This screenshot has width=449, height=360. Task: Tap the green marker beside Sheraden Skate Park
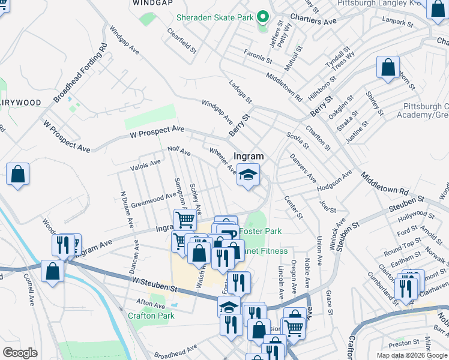pyautogui.click(x=262, y=17)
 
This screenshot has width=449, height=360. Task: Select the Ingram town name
pyautogui.click(x=249, y=156)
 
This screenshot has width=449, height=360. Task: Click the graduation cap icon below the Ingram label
pyautogui.click(x=248, y=175)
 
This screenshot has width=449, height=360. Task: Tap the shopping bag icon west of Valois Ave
pyautogui.click(x=18, y=174)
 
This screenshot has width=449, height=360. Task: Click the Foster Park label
pyautogui.click(x=260, y=231)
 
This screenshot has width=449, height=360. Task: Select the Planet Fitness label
pyautogui.click(x=265, y=251)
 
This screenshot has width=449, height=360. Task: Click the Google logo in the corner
pyautogui.click(x=20, y=353)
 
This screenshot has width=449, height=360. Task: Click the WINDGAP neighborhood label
pyautogui.click(x=148, y=4)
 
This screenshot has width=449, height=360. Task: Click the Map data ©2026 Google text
pyautogui.click(x=411, y=355)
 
